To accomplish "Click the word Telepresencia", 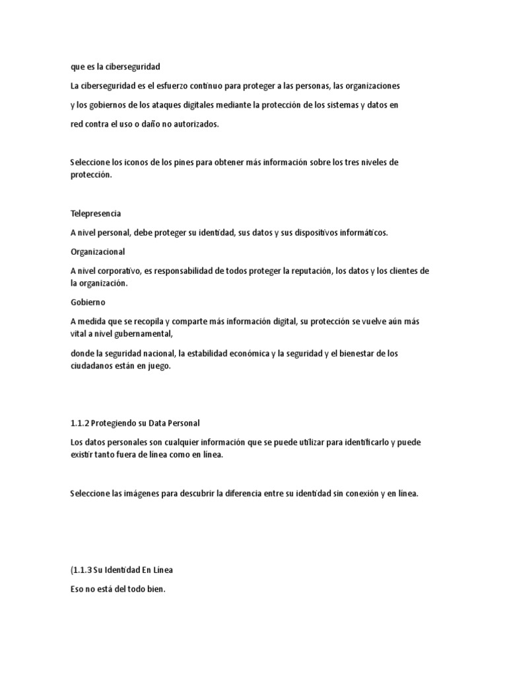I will pyautogui.click(x=96, y=214).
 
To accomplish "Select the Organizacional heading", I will pyautogui.click(x=98, y=252).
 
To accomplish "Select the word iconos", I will pyautogui.click(x=139, y=162).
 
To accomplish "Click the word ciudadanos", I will pyautogui.click(x=93, y=367).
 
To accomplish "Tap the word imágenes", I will pyautogui.click(x=150, y=494).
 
